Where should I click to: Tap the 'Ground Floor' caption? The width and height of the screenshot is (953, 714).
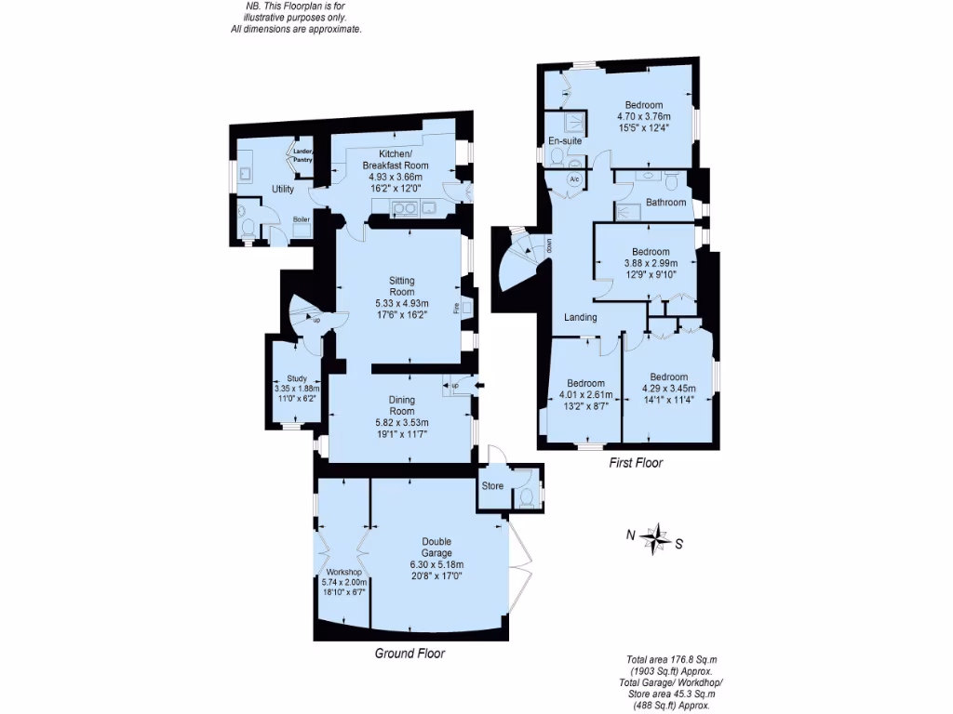pyautogui.click(x=409, y=654)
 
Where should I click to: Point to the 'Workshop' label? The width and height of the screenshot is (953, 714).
pyautogui.click(x=343, y=572)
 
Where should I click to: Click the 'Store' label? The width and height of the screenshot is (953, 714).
pyautogui.click(x=492, y=485)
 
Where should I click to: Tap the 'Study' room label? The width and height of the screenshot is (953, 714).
pyautogui.click(x=297, y=378)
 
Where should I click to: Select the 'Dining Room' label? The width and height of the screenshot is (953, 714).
pyautogui.click(x=401, y=405)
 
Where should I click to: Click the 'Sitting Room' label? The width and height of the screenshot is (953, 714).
pyautogui.click(x=401, y=286)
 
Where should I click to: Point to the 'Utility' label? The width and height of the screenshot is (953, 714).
pyautogui.click(x=283, y=190)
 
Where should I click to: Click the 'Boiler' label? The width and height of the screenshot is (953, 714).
pyautogui.click(x=302, y=219)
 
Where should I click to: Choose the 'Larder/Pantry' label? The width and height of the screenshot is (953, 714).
pyautogui.click(x=303, y=155)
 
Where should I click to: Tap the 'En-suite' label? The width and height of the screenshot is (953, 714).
pyautogui.click(x=565, y=141)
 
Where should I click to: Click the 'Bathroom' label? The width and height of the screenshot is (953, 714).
pyautogui.click(x=665, y=202)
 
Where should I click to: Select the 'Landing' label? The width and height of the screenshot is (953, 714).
pyautogui.click(x=581, y=318)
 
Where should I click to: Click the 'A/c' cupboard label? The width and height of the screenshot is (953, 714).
pyautogui.click(x=574, y=178)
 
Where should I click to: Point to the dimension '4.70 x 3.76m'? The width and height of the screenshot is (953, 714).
pyautogui.click(x=644, y=116)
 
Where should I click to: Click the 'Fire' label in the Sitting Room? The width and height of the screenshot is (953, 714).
pyautogui.click(x=456, y=308)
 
